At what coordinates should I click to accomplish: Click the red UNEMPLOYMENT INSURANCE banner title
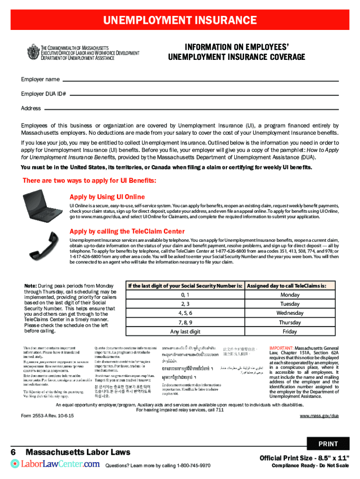click(x=180, y=21)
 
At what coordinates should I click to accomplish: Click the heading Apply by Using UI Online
click(x=107, y=197)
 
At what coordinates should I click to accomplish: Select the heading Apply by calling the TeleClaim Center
click(x=127, y=232)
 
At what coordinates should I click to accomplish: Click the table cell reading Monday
click(x=290, y=295)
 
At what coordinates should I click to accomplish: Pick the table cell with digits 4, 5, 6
click(x=185, y=313)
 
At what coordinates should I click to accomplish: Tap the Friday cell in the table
click(x=290, y=332)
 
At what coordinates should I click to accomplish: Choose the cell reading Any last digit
click(x=185, y=332)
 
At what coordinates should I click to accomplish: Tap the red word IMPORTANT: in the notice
click(x=281, y=348)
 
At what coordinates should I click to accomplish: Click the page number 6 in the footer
click(x=14, y=452)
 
